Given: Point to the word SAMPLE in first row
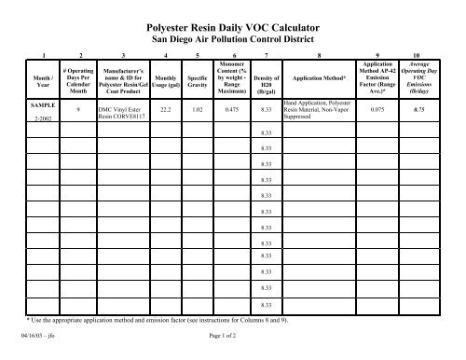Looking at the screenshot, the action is (x=39, y=105).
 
